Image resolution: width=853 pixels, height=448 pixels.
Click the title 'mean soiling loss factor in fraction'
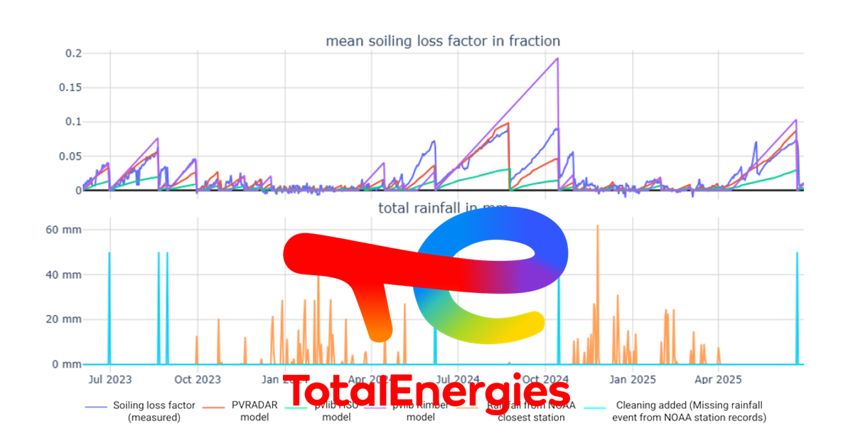pyautogui.click(x=443, y=41)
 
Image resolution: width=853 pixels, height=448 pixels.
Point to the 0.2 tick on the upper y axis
pyautogui.click(x=73, y=54)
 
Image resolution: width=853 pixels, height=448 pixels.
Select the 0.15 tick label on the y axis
pyautogui.click(x=70, y=88)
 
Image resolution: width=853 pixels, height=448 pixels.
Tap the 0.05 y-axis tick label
pyautogui.click(x=70, y=156)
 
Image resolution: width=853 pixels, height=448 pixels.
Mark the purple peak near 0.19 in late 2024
pyautogui.click(x=557, y=58)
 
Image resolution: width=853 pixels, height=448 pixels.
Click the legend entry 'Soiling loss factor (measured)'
pyautogui.click(x=154, y=411)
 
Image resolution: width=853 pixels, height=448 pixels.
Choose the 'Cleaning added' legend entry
pyautogui.click(x=689, y=411)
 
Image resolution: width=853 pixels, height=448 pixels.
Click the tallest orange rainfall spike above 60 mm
pyautogui.click(x=598, y=225)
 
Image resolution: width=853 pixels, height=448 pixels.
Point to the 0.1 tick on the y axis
pyautogui.click(x=73, y=122)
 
